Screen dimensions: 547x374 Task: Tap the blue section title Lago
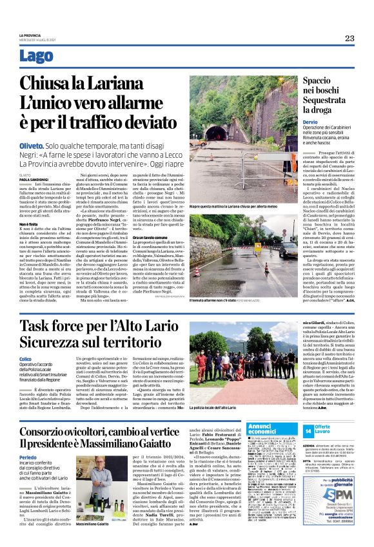pos(37,56)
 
